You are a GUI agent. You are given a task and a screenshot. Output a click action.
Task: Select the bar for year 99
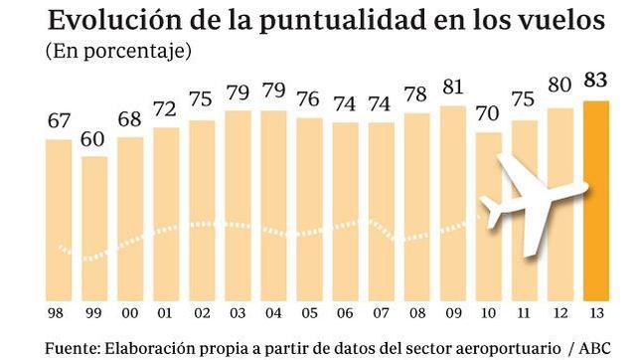tap(94, 229)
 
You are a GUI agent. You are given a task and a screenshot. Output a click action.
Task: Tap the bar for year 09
tap(452, 204)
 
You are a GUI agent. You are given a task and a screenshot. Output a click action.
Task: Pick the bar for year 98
tap(59, 219)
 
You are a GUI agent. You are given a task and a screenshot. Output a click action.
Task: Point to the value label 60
tap(94, 139)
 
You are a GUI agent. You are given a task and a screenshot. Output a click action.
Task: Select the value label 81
tap(452, 89)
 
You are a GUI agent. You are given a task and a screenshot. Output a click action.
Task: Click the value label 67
tap(59, 122)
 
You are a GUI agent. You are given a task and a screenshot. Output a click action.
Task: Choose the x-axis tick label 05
tap(309, 316)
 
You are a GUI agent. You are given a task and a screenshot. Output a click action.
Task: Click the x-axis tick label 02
tap(202, 316)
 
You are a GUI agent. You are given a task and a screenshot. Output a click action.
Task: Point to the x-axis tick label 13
tap(594, 316)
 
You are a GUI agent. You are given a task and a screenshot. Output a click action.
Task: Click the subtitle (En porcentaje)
tap(118, 50)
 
